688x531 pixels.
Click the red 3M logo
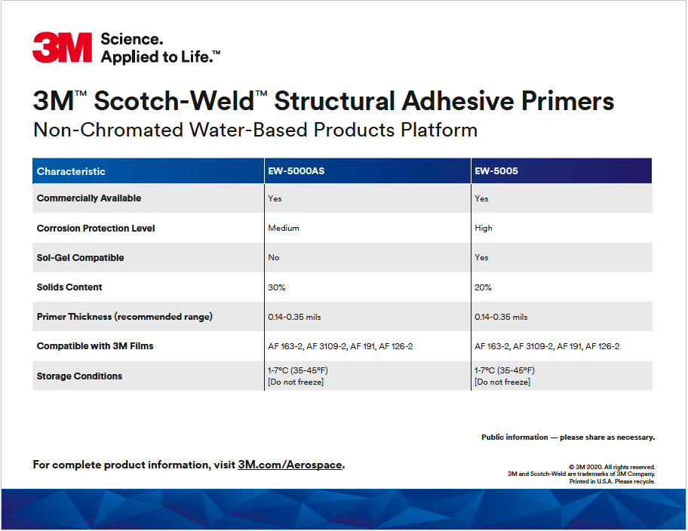pos(63,48)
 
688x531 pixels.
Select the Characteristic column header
pos(71,171)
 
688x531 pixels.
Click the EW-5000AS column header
pos(296,170)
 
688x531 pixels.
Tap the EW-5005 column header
pos(496,170)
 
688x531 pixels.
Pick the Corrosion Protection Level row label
pos(96,229)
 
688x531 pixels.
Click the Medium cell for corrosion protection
pos(284,228)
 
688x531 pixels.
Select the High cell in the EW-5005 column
pos(484,229)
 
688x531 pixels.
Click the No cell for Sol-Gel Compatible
pos(274,257)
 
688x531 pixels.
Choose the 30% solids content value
pos(276,287)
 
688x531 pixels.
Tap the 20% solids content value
pos(483,287)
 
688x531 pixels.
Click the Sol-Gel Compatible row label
pos(80,258)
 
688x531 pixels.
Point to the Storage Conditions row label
pos(79,376)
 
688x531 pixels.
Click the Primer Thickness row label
pos(124,316)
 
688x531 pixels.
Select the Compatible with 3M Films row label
pos(95,345)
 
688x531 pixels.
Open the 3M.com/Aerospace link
pos(290,465)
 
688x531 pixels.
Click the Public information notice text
pos(568,437)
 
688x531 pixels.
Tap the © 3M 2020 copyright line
pos(612,467)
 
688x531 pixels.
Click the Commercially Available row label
pos(89,198)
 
